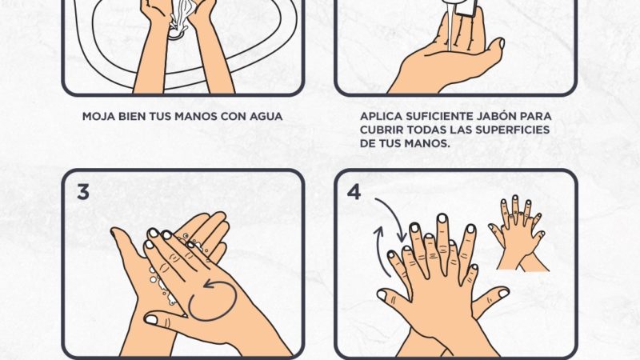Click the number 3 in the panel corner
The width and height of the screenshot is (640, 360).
tap(83, 192)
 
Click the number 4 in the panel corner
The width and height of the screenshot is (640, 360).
tap(354, 192)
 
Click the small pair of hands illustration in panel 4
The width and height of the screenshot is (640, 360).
tap(518, 233)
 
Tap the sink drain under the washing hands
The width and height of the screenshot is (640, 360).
tap(178, 34)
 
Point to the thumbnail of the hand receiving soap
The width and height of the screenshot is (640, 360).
tap(502, 43)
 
